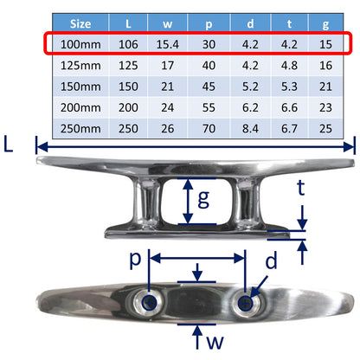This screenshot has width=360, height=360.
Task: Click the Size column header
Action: coord(79,23)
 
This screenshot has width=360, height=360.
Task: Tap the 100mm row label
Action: coord(79,44)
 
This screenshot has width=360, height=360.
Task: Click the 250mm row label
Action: coord(79,127)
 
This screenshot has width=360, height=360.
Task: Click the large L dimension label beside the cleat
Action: coord(10,145)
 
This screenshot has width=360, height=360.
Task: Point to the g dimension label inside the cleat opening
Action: coord(203,199)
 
